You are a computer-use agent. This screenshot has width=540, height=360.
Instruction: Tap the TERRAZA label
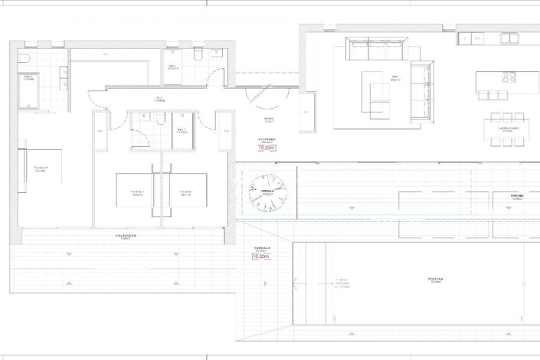tap(260, 249)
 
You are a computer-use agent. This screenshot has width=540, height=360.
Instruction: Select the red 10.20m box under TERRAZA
tap(260, 257)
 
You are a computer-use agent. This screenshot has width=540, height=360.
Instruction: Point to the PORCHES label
tap(518, 195)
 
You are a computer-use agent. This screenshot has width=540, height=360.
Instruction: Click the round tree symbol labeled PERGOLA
tap(267, 191)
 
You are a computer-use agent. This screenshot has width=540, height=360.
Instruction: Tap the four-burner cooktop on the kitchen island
tap(509, 77)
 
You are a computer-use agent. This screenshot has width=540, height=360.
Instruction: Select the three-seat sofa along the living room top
tap(375, 49)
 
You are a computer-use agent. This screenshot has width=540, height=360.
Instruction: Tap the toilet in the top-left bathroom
tap(23, 59)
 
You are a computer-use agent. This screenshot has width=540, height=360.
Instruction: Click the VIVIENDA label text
tap(267, 139)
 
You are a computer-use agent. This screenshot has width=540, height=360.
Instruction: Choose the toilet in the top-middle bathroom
tap(198, 56)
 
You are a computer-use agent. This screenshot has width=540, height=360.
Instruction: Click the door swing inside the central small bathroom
tap(140, 136)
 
